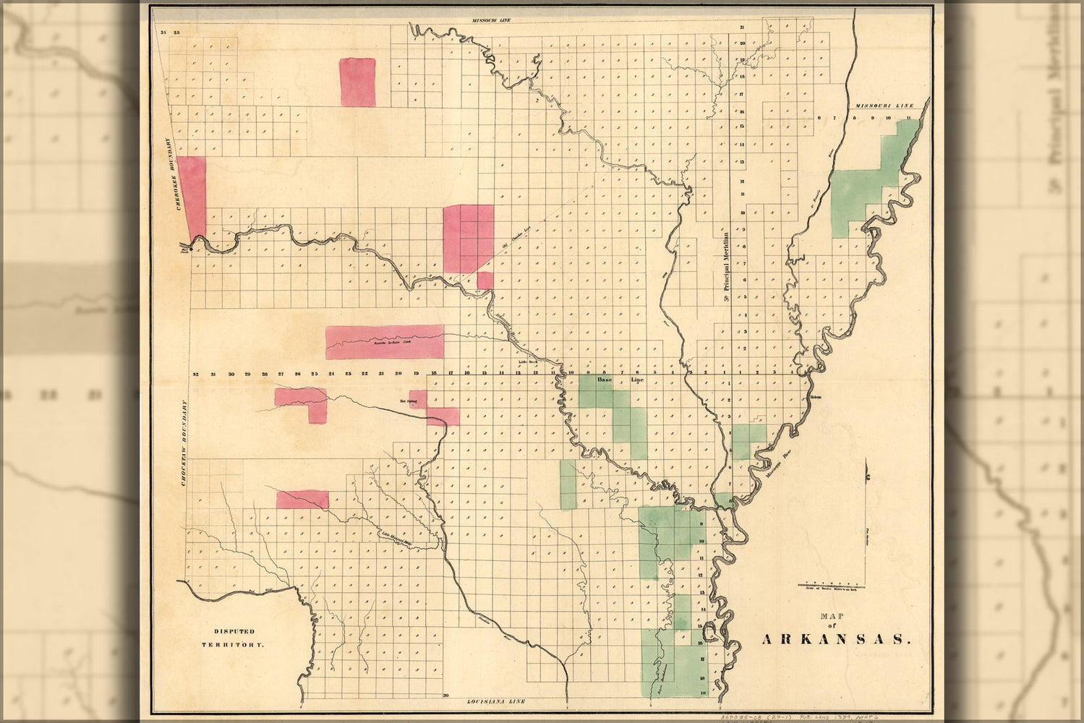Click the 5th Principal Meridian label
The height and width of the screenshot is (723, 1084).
coord(725,268)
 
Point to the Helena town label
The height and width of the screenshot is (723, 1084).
coord(816,396)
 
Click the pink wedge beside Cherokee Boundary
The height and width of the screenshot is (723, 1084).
coord(192,195)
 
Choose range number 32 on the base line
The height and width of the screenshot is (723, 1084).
coord(196,374)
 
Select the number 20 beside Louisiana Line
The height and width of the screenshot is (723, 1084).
coord(446,694)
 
